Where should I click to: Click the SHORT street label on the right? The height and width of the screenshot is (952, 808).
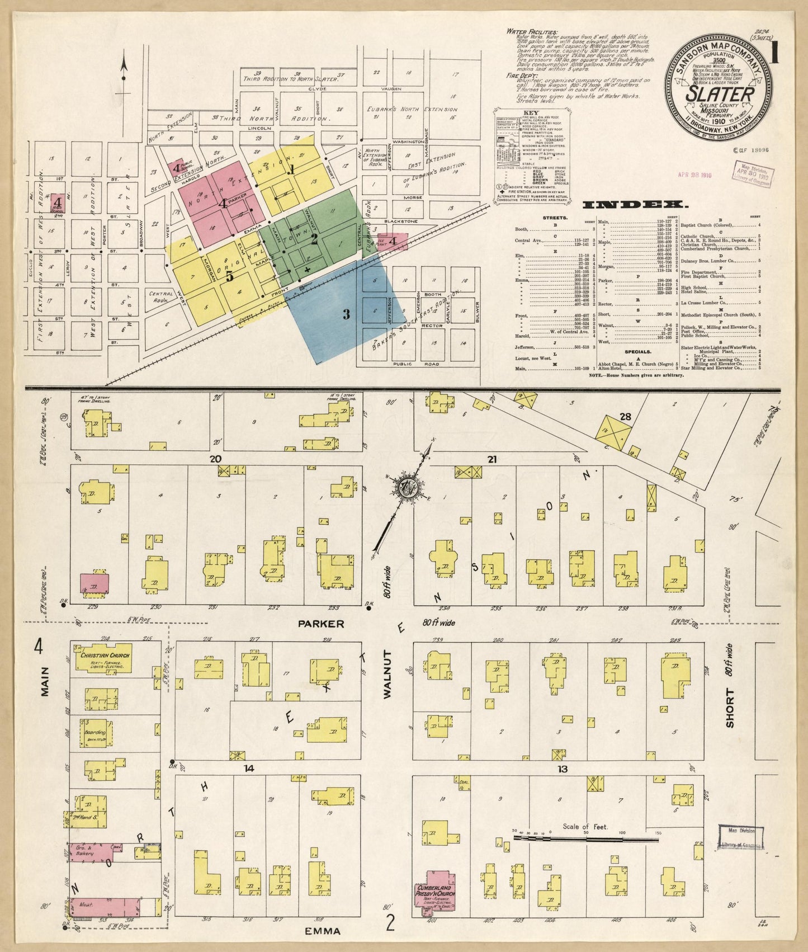[730, 708]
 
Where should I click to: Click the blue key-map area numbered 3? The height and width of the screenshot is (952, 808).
[346, 314]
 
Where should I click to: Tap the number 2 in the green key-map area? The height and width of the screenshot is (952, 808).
[314, 239]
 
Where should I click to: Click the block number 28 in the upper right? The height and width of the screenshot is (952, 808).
[625, 417]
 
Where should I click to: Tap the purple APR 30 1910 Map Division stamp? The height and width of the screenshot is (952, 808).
[755, 175]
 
